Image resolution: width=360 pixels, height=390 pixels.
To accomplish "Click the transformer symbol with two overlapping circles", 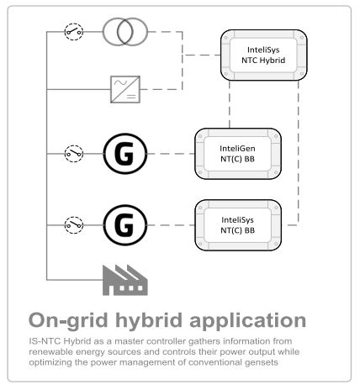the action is point(118,32).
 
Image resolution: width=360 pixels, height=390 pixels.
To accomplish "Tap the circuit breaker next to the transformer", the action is point(74,32).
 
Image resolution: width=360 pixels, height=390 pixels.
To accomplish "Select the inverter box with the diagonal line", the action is point(125,89).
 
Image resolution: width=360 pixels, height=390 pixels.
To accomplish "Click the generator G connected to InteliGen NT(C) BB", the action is point(125,154).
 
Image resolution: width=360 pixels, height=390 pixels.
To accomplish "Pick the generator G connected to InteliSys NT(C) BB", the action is point(125,225).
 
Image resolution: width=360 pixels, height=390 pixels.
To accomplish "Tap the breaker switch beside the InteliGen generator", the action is point(74,154).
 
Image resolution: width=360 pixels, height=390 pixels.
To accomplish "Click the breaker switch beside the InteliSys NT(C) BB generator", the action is point(74,225).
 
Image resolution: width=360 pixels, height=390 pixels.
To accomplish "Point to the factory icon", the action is point(125,280).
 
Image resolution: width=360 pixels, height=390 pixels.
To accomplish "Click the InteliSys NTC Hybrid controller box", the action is point(264,55).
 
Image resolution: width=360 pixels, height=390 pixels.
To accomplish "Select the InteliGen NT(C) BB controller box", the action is point(238,154).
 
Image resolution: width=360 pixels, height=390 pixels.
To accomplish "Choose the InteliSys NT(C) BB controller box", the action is point(238,225).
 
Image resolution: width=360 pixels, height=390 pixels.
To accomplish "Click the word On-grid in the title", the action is point(68,320).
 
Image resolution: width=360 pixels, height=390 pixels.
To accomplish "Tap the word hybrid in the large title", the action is point(149,320).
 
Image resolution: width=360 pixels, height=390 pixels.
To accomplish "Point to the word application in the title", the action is point(248,320).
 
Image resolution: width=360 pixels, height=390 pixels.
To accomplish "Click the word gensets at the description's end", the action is point(262,362).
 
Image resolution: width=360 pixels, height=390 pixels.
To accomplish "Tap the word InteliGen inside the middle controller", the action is point(237,148).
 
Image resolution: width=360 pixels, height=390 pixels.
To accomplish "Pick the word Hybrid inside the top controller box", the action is point(273,61).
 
